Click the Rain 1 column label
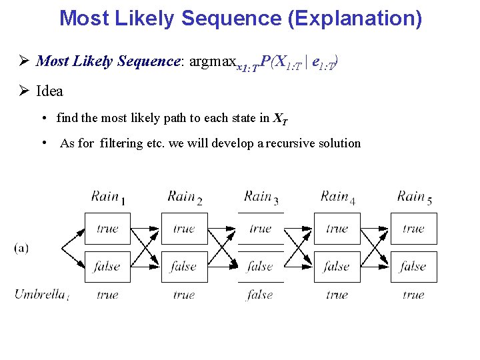pos(108,197)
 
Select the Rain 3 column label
pos(261,197)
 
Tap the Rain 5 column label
pos(414,197)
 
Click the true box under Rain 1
pos(107,229)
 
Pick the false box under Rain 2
pos(184,267)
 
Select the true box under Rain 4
pos(337,229)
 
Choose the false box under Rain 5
pos(413,267)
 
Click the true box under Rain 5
pos(413,229)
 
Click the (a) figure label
pos(21,247)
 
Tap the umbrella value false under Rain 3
pos(260,294)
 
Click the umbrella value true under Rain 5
pos(413,294)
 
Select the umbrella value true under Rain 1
pos(107,294)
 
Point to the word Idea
pos(49,91)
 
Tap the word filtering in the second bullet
pos(122,143)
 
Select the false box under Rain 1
pos(107,267)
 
